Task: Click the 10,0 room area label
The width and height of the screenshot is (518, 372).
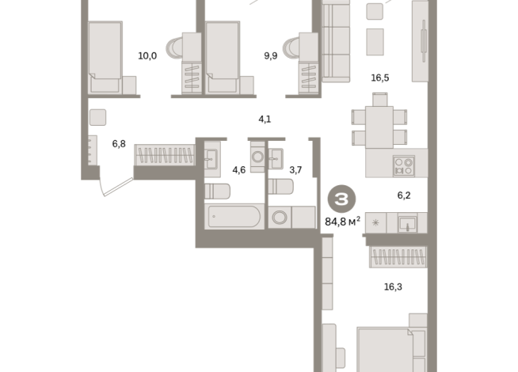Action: pyautogui.click(x=147, y=55)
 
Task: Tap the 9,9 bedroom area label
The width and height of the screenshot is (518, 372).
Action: pyautogui.click(x=271, y=55)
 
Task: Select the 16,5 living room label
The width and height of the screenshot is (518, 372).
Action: pyautogui.click(x=380, y=78)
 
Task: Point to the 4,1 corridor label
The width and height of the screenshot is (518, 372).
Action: pyautogui.click(x=265, y=120)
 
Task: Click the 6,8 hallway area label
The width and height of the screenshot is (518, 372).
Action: pyautogui.click(x=119, y=144)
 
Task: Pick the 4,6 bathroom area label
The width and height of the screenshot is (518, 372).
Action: pyautogui.click(x=239, y=170)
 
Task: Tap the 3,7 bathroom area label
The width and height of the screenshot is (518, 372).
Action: pyautogui.click(x=295, y=170)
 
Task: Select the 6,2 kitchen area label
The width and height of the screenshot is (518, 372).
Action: pyautogui.click(x=404, y=195)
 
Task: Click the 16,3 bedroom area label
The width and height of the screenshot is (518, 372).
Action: pyautogui.click(x=393, y=287)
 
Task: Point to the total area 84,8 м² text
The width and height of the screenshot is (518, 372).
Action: pyautogui.click(x=343, y=222)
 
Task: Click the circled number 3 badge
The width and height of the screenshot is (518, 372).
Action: pyautogui.click(x=341, y=199)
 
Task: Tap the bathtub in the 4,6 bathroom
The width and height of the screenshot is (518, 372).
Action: pyautogui.click(x=234, y=217)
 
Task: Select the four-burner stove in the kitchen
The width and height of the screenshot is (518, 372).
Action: pyautogui.click(x=404, y=166)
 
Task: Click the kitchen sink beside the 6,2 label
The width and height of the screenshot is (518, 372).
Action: pyautogui.click(x=407, y=223)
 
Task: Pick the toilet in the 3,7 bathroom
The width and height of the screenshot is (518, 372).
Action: pyautogui.click(x=281, y=187)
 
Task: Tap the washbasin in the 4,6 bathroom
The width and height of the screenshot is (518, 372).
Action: pyautogui.click(x=211, y=159)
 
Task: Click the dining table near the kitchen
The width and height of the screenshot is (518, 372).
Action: pyautogui.click(x=379, y=127)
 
